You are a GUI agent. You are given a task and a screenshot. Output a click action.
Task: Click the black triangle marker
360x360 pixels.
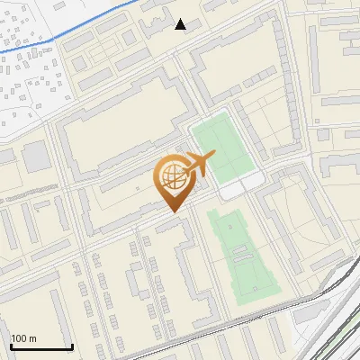tap(181, 24)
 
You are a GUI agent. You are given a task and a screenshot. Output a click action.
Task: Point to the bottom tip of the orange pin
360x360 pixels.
tap(173, 212)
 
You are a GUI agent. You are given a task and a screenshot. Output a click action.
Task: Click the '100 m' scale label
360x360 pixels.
tap(23, 338)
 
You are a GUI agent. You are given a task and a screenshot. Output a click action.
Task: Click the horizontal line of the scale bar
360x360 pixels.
tap(41, 346)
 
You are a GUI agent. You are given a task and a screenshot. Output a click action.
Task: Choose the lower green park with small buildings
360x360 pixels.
tap(243, 256)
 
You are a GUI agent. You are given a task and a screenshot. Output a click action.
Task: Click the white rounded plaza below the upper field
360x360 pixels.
tap(241, 186)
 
